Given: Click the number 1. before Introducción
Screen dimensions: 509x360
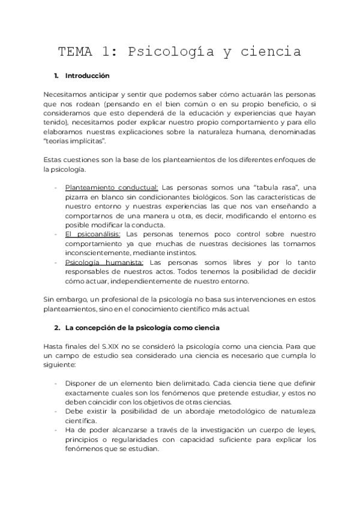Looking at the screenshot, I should [56, 76].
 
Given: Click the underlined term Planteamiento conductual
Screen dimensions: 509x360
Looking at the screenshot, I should [112, 187].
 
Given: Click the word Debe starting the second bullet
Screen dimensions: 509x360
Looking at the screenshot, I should [74, 412].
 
